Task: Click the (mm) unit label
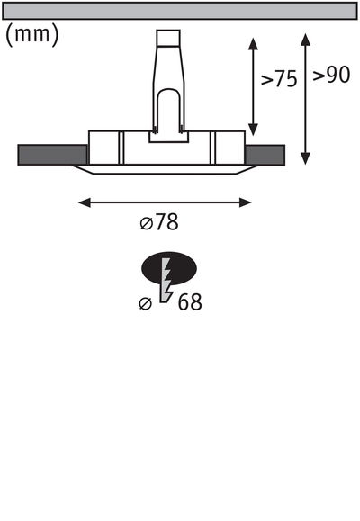tap(32, 34)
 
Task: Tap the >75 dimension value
tap(279, 79)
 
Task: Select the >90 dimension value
tap(330, 76)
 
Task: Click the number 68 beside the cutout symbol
tap(189, 302)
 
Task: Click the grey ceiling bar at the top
tap(180, 10)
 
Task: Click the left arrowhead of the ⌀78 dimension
tap(84, 202)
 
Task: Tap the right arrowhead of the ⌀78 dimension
tap(247, 202)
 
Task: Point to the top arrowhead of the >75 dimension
tap(254, 41)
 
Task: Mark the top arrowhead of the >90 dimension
tap(307, 39)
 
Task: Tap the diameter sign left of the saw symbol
tap(145, 304)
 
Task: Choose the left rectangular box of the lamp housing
tap(105, 147)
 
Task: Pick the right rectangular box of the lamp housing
tap(227, 147)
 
